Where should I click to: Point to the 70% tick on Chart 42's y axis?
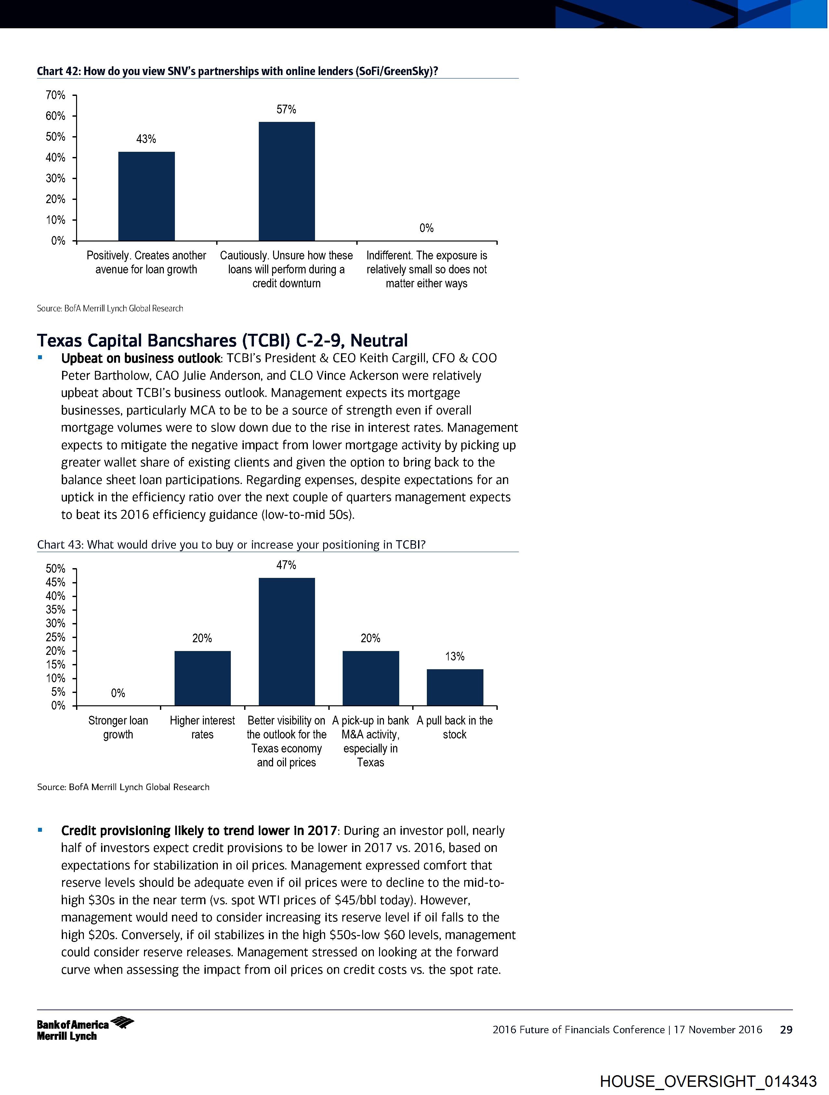point(56,95)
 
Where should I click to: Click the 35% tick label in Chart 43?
point(56,610)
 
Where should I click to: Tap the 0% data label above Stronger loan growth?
point(118,693)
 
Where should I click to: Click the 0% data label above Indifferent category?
point(427,228)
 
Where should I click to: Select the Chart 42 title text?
point(237,71)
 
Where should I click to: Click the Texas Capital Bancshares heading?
point(222,341)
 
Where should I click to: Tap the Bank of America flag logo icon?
point(122,1021)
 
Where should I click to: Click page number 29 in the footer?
point(786,1030)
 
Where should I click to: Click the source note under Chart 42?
point(110,308)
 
